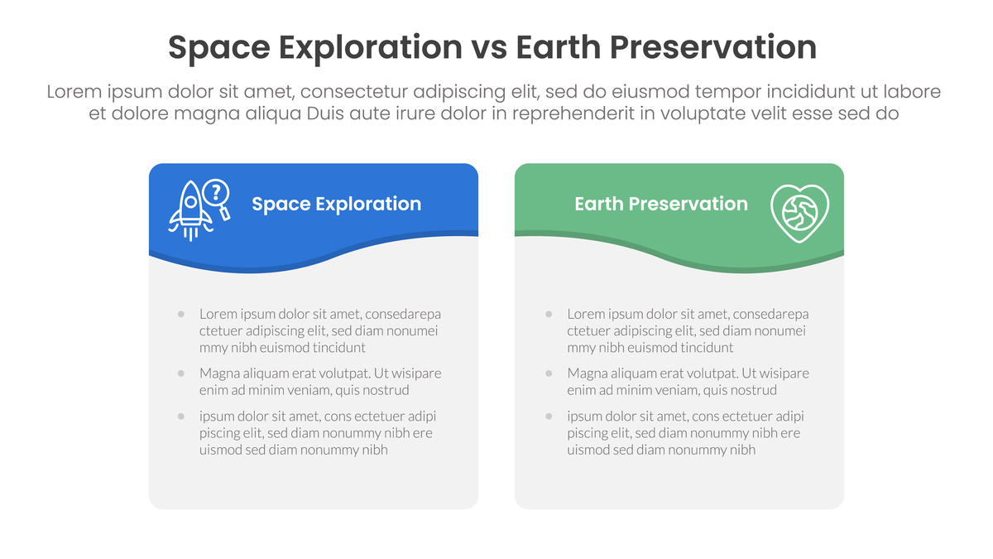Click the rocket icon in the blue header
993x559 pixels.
(190, 210)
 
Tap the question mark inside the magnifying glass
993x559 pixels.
(216, 192)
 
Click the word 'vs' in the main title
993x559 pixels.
(489, 47)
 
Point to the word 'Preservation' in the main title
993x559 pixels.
(712, 47)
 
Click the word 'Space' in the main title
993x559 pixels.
(219, 48)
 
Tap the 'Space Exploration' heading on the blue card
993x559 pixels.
(337, 204)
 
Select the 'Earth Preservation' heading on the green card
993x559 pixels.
(661, 204)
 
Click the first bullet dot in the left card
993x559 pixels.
(181, 314)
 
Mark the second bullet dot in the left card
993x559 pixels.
(181, 373)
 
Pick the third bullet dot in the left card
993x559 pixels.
(181, 416)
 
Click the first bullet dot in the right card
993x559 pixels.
(549, 314)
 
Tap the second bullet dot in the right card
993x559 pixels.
(549, 373)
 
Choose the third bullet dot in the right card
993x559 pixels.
(549, 416)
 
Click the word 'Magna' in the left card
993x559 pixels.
(216, 373)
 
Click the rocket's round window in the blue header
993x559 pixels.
(190, 202)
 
